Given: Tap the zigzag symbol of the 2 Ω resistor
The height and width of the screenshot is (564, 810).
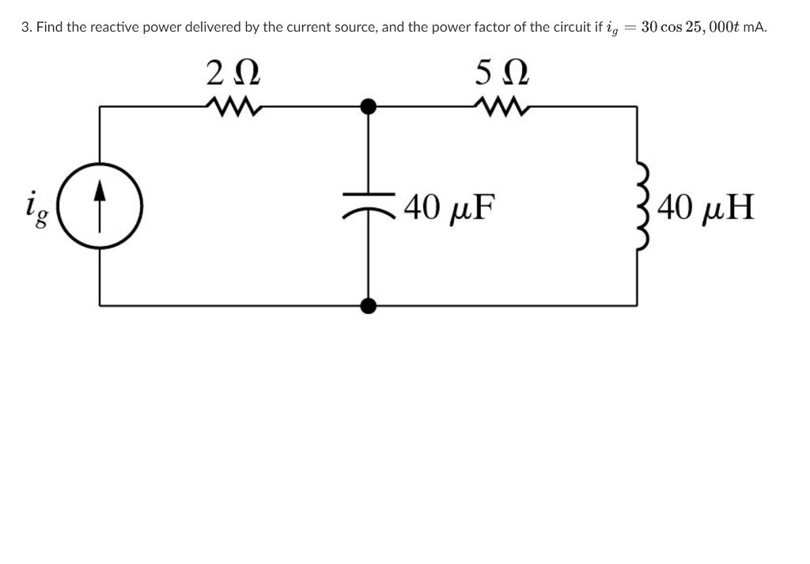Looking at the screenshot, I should (233, 104).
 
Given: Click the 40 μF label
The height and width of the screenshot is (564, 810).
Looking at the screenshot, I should (448, 208).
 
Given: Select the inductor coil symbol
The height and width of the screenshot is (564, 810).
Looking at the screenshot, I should (639, 206).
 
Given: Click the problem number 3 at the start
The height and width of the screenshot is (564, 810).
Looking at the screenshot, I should (25, 27).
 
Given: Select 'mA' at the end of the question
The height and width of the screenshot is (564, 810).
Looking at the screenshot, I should (756, 27).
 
